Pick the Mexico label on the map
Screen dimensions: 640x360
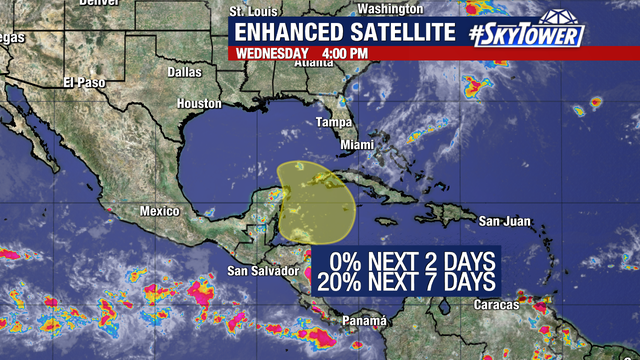coord(158,211)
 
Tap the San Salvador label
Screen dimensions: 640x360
coord(263,270)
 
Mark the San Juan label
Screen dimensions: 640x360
coord(502,221)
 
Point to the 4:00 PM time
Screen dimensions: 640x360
coord(346,53)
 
